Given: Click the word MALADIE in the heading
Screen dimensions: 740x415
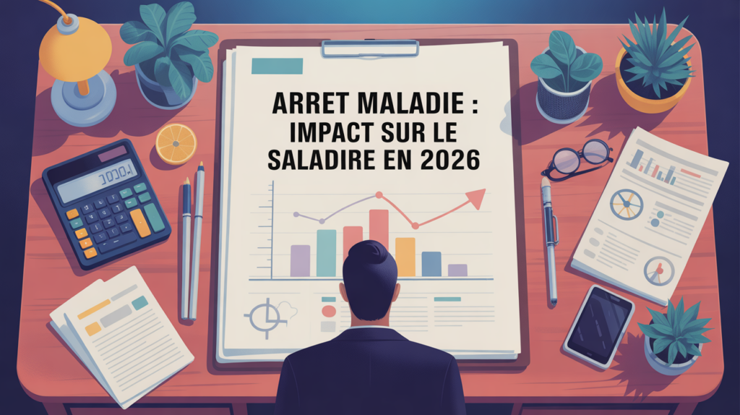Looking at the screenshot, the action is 410,103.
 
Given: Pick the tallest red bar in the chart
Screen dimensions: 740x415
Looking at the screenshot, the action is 379,231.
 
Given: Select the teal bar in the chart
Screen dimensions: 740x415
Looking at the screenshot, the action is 326,252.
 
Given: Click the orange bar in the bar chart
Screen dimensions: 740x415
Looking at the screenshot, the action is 405,257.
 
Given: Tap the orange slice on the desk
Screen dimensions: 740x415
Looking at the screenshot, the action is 176,144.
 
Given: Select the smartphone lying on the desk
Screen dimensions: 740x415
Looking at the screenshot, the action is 599,325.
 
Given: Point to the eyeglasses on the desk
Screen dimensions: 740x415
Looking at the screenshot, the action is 577,158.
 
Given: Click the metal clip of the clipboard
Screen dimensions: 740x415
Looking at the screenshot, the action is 370,48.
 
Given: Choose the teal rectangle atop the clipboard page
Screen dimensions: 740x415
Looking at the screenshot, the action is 277,66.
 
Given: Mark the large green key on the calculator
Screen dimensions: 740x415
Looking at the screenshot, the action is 155,218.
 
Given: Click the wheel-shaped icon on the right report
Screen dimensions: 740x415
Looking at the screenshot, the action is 627,205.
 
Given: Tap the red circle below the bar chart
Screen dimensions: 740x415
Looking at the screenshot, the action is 329,311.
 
